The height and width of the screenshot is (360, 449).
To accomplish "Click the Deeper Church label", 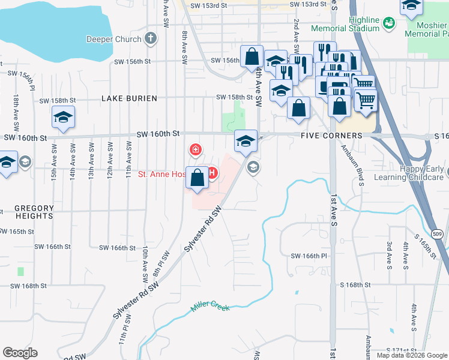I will [113, 40].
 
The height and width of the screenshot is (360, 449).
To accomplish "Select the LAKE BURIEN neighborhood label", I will [129, 98].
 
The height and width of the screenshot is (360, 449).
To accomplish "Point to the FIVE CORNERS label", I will [331, 136].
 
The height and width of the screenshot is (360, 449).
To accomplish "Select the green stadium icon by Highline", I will [389, 23].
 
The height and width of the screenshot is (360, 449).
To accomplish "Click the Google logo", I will [20, 353].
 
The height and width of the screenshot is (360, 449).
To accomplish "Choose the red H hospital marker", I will [211, 174].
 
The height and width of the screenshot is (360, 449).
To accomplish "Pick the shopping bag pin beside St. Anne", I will [197, 178].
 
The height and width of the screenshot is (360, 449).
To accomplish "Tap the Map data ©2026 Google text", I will [411, 355].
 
